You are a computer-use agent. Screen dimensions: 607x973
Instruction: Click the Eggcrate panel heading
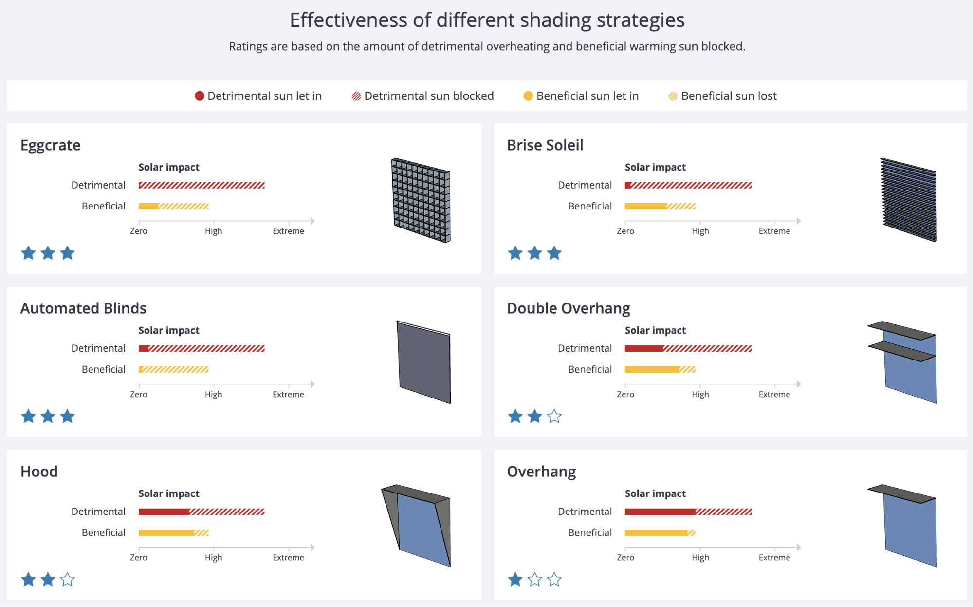pyautogui.click(x=51, y=145)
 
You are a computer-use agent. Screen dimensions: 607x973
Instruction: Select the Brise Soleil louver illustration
pyautogui.click(x=908, y=200)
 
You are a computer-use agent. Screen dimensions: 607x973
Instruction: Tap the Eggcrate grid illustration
pyautogui.click(x=421, y=200)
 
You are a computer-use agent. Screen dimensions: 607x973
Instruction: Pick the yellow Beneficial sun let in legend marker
pyautogui.click(x=528, y=96)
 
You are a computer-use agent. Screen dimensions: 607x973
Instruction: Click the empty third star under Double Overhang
pyautogui.click(x=554, y=417)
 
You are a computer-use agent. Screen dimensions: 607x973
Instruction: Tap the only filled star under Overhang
pyautogui.click(x=515, y=580)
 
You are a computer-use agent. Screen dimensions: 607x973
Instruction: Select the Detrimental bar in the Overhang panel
pyautogui.click(x=688, y=512)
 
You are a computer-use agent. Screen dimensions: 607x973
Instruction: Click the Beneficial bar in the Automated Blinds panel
pyautogui.click(x=174, y=369)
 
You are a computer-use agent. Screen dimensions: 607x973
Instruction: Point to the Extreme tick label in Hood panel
pyautogui.click(x=288, y=557)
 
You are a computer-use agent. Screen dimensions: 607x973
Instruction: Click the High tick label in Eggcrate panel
pyautogui.click(x=213, y=231)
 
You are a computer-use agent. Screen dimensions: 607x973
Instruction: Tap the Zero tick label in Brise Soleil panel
pyautogui.click(x=625, y=231)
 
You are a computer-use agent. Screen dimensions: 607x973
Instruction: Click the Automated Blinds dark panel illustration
pyautogui.click(x=423, y=362)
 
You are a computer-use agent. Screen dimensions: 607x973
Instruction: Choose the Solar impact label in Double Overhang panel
pyautogui.click(x=655, y=330)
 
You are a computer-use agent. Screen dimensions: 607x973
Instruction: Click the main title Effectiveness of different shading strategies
pyautogui.click(x=487, y=20)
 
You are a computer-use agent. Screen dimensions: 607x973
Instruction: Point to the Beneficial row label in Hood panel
pyautogui.click(x=103, y=532)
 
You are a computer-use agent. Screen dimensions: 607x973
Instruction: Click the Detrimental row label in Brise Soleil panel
pyautogui.click(x=585, y=185)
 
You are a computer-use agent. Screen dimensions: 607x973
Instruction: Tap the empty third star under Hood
pyautogui.click(x=67, y=580)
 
